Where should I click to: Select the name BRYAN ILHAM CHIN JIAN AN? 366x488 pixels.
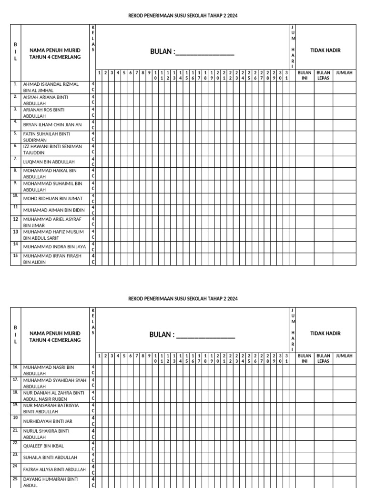click(52, 125)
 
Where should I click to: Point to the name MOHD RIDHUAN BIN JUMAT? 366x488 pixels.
click(52, 199)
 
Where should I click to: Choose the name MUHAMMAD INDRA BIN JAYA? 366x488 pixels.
click(54, 247)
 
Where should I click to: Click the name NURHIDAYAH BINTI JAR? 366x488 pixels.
click(48, 421)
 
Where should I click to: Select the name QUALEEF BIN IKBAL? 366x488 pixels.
click(43, 446)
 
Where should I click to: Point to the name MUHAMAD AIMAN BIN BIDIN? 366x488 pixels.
click(54, 210)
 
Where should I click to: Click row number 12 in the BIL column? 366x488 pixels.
click(15, 219)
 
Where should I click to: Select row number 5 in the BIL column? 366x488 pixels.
click(15, 133)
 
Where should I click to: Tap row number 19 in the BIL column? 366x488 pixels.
click(15, 405)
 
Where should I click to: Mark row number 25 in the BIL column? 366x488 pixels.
click(15, 479)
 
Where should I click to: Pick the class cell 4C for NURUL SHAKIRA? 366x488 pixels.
click(93, 434)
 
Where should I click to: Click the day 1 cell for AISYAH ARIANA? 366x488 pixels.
click(99, 100)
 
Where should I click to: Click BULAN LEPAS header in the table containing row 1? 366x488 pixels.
click(323, 76)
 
